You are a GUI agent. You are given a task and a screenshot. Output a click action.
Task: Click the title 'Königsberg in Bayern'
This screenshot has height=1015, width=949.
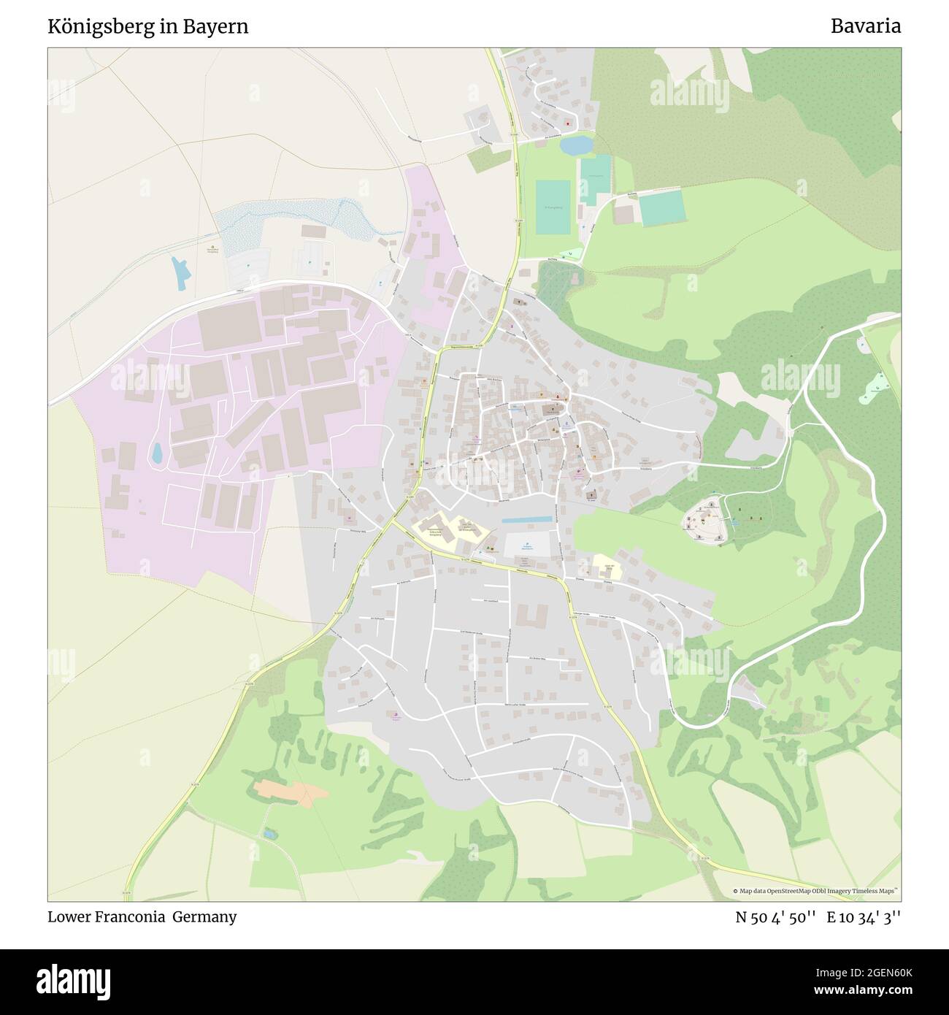(x=148, y=26)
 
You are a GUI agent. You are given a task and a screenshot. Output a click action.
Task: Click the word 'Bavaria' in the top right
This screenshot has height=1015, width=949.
(x=865, y=26)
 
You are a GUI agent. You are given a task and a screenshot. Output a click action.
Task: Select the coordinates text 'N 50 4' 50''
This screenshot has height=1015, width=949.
(x=776, y=917)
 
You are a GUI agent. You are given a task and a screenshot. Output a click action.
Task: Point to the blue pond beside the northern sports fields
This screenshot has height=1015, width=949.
(x=576, y=145)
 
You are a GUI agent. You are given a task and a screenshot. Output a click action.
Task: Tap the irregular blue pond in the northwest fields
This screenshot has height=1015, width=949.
(x=180, y=270)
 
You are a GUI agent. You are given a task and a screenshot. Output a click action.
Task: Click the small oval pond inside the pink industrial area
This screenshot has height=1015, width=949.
(x=156, y=454)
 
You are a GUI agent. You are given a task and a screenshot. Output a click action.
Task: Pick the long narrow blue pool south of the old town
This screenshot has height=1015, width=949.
(x=527, y=519)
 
